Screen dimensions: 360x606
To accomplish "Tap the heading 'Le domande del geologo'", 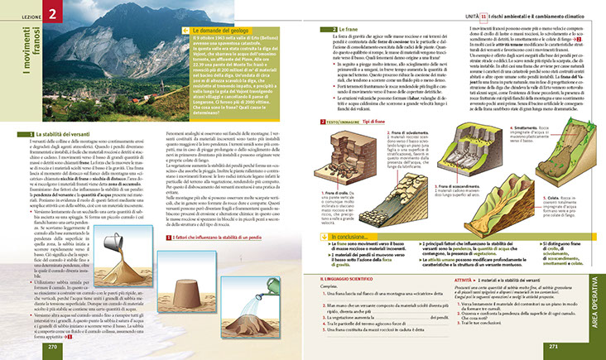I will coord(221,31).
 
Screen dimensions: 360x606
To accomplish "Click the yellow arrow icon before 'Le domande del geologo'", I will coord(184,31).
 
